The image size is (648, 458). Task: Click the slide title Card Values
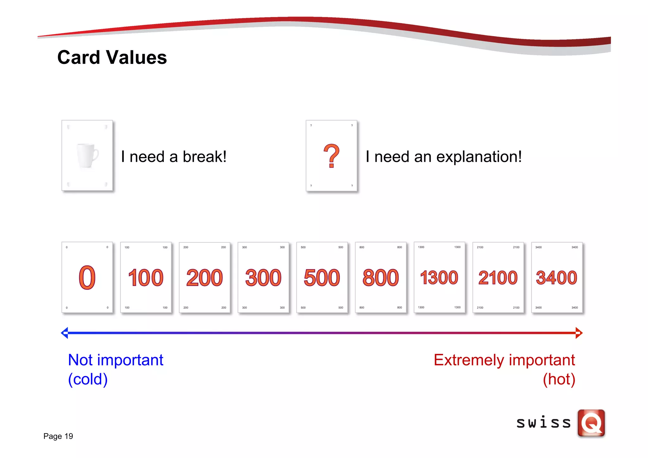112,57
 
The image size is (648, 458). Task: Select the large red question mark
331,156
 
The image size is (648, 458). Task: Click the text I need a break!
174,157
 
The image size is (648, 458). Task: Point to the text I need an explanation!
444,157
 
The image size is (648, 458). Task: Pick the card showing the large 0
87,278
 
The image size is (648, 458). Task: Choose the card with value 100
146,278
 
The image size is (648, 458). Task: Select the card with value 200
204,278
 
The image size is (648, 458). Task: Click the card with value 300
263,278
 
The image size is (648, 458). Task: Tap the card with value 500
322,278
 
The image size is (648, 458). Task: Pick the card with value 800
381,278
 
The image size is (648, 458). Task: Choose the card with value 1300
439,278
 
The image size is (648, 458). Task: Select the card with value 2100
498,278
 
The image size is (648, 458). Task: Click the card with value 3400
557,278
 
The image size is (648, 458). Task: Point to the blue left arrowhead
65,333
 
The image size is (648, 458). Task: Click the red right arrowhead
579,333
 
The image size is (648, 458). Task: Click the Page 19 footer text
58,436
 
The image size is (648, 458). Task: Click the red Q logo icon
591,423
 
